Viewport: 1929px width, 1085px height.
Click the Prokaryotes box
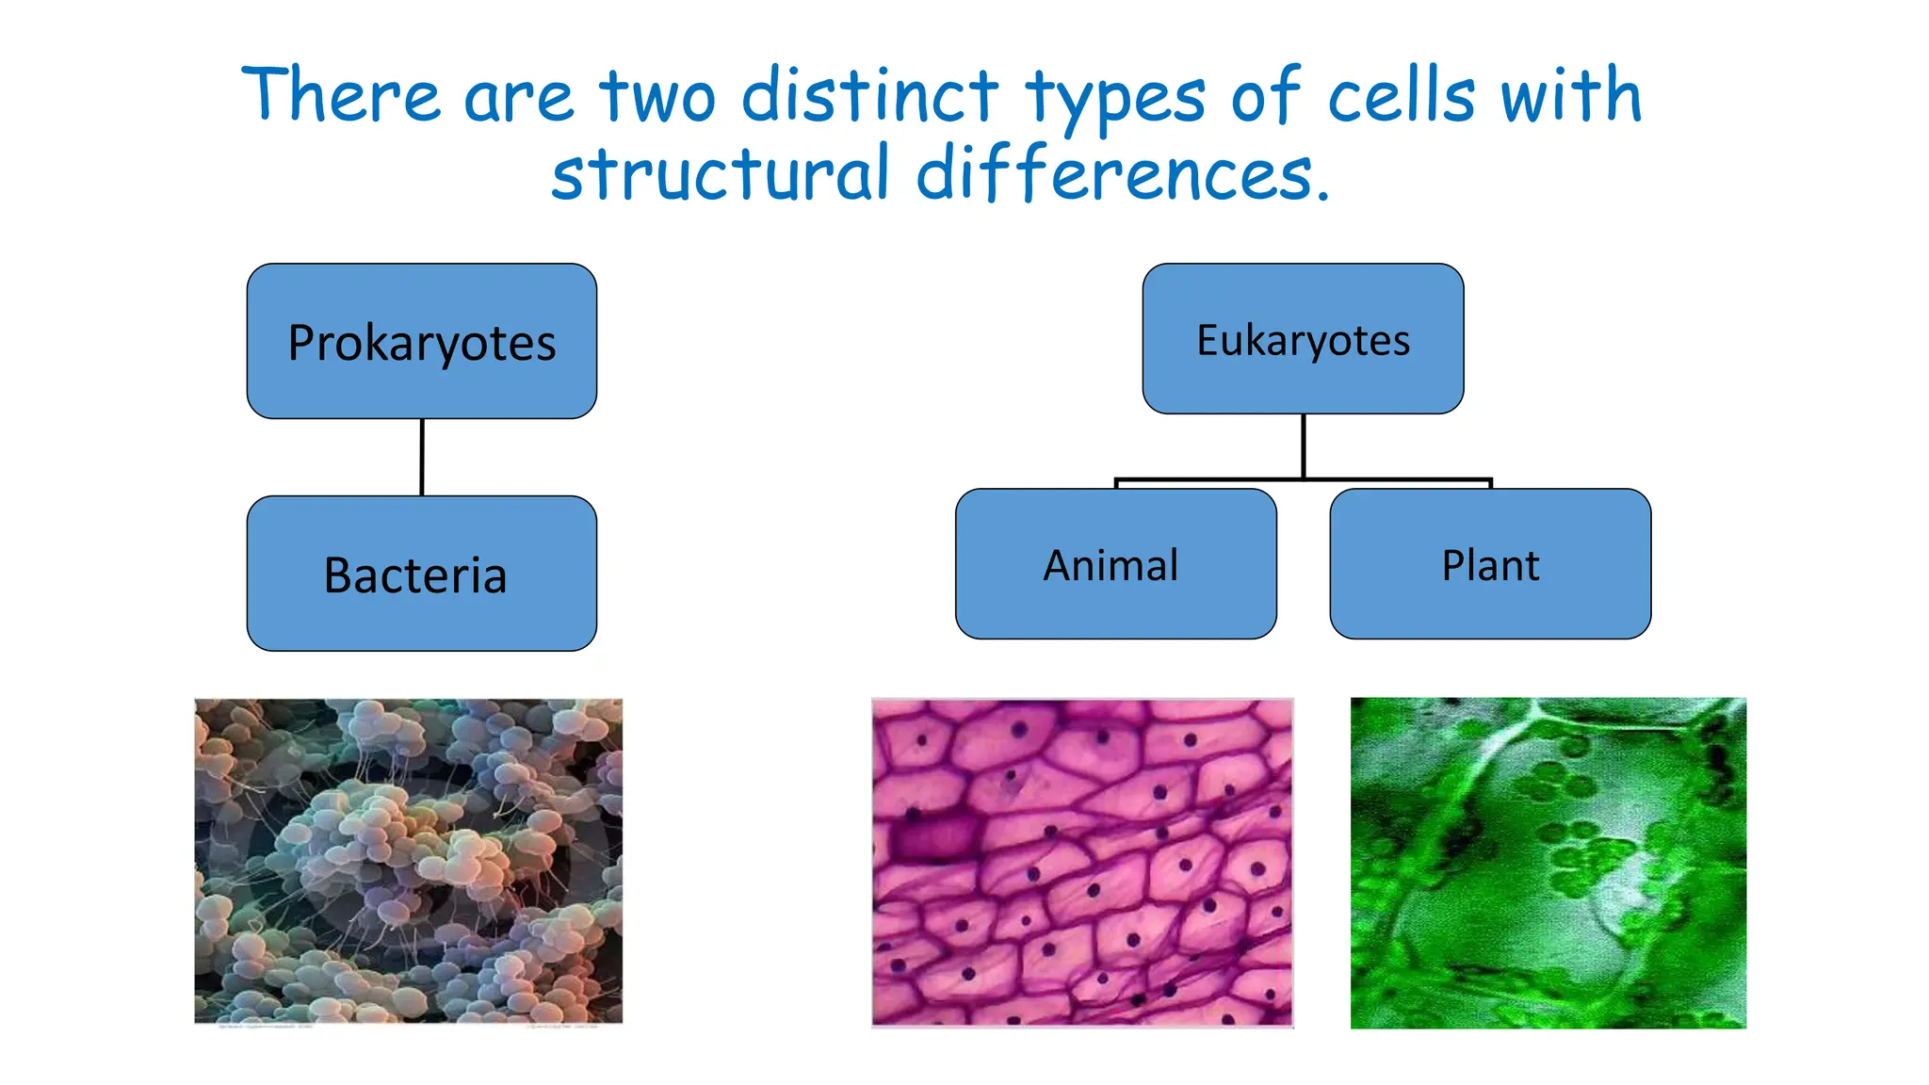point(421,341)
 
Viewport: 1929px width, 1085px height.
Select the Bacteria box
point(421,574)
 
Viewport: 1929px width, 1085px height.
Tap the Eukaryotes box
point(1303,339)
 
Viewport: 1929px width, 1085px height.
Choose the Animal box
point(1115,564)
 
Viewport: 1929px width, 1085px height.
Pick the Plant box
point(1490,564)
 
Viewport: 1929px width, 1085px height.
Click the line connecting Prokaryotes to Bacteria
point(422,457)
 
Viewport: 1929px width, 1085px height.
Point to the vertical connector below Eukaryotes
point(1304,445)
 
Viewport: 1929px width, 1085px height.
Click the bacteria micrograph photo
point(408,861)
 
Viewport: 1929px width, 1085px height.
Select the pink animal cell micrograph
point(1082,862)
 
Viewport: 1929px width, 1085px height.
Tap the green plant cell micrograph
point(1548,862)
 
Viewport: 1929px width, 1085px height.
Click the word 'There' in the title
point(340,96)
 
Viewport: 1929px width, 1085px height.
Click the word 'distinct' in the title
point(868,96)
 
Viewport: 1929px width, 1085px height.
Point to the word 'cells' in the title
point(1401,96)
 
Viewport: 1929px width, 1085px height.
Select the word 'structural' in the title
point(720,174)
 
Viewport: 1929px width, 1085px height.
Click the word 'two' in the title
point(657,96)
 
